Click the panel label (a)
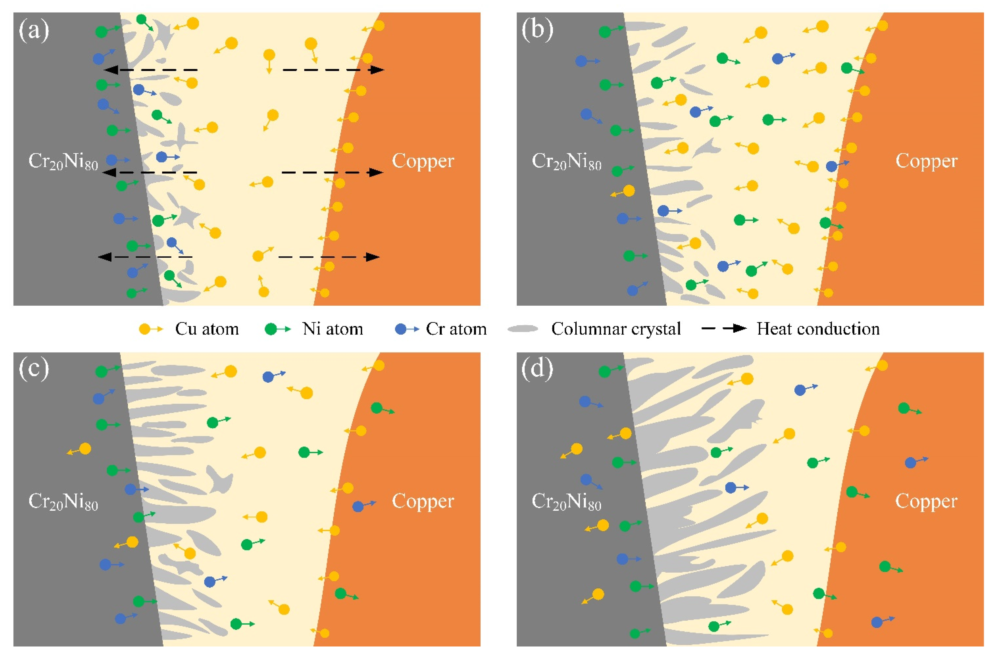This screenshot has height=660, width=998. pyautogui.click(x=34, y=31)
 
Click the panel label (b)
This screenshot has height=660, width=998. pyautogui.click(x=537, y=31)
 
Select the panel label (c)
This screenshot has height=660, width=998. pyautogui.click(x=34, y=369)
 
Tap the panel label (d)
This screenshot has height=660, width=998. pyautogui.click(x=537, y=369)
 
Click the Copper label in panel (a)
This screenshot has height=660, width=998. pyautogui.click(x=423, y=161)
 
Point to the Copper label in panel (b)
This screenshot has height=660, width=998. pyautogui.click(x=926, y=161)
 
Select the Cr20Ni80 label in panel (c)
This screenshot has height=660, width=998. pyautogui.click(x=63, y=501)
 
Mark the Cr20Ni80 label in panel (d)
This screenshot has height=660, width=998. pyautogui.click(x=567, y=501)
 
